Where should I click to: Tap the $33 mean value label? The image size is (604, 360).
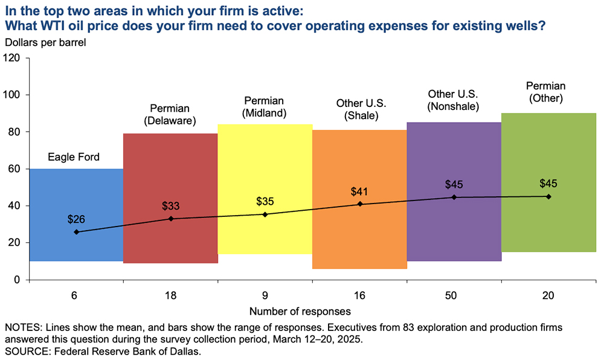pyautogui.click(x=171, y=205)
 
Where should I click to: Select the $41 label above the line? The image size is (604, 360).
pyautogui.click(x=360, y=192)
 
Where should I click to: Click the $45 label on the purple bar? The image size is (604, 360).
pyautogui.click(x=454, y=184)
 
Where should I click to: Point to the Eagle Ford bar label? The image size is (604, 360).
pyautogui.click(x=74, y=158)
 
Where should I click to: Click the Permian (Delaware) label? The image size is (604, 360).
pyautogui.click(x=170, y=115)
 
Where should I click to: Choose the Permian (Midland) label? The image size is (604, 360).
pyautogui.click(x=265, y=106)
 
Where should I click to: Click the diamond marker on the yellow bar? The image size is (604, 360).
pyautogui.click(x=265, y=214)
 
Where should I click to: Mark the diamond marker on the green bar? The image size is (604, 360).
pyautogui.click(x=548, y=196)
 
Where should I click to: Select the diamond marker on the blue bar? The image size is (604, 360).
pyautogui.click(x=76, y=232)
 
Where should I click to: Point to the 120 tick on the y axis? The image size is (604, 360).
pyautogui.click(x=12, y=58)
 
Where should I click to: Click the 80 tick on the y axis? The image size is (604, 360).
pyautogui.click(x=14, y=132)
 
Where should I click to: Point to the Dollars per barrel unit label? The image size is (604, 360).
pyautogui.click(x=46, y=42)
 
